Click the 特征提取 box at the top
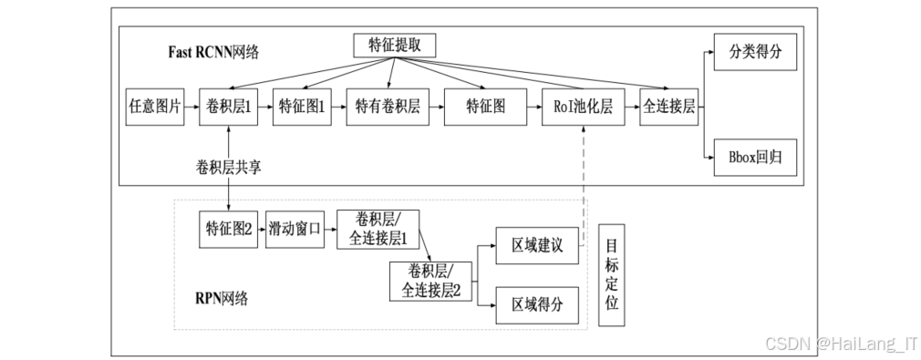point(394,45)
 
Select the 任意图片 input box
point(154,107)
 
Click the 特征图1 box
point(301,107)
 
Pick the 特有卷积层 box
point(387,107)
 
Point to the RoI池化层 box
point(581,107)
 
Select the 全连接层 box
point(668,107)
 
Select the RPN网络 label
point(221,297)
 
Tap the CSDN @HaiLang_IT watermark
point(840,343)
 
